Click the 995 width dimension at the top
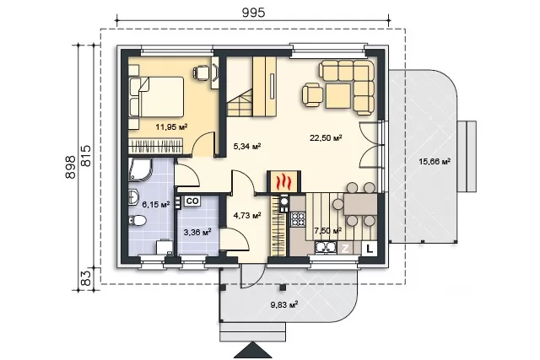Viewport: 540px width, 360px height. [253, 13]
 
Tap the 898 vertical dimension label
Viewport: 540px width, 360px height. [70, 167]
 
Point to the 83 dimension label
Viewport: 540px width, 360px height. [87, 278]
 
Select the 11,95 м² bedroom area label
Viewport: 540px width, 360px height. [171, 126]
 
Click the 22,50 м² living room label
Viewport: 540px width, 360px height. [326, 137]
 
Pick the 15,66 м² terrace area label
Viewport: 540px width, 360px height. [435, 161]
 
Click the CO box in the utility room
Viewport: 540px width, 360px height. [192, 201]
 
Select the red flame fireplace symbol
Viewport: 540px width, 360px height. [283, 181]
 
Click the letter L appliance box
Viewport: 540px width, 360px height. [370, 249]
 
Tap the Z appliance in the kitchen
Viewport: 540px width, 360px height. [345, 249]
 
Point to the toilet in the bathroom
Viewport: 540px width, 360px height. [138, 220]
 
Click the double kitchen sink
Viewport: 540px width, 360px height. [326, 248]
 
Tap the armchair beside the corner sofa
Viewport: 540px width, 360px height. [313, 94]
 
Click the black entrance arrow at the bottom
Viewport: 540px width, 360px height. [253, 351]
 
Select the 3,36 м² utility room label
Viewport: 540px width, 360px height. [197, 233]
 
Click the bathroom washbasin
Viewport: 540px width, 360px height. [134, 197]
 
